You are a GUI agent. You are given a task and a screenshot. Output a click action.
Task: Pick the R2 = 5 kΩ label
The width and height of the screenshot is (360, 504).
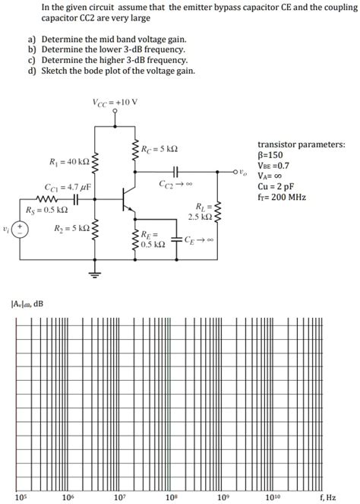71,227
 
